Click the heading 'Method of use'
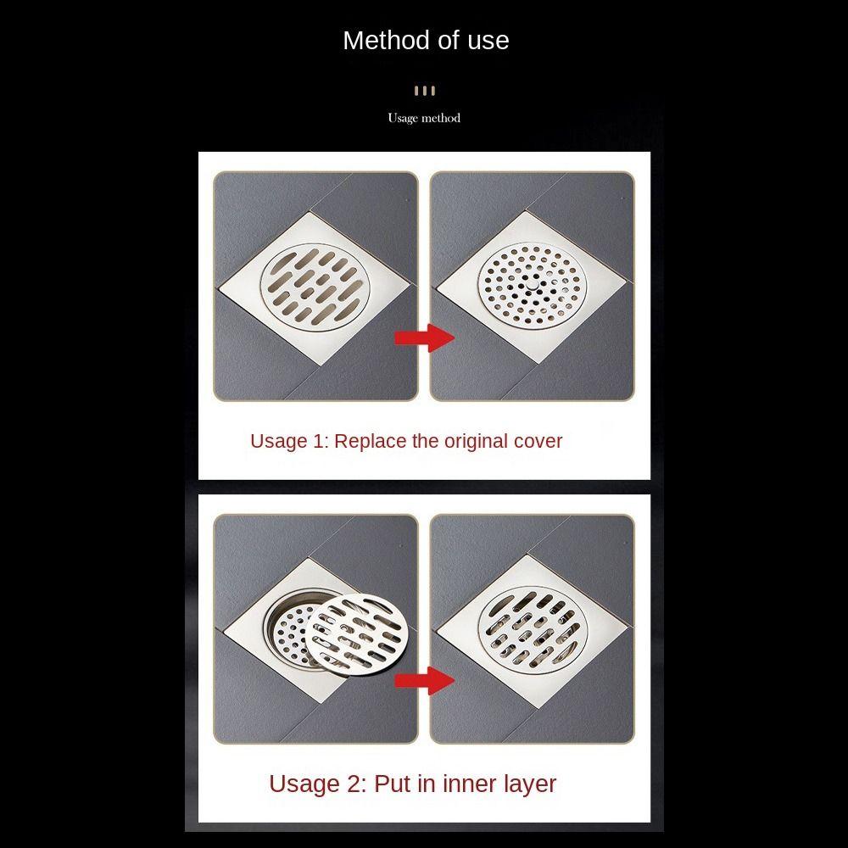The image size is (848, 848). point(426,41)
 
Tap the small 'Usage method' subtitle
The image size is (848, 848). point(424,118)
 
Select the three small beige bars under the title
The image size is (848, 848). point(424,91)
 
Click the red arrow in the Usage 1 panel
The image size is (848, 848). point(425,338)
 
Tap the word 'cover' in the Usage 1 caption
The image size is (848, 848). point(538,441)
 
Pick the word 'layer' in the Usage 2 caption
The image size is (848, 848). point(520,784)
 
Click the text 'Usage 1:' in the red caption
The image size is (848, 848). point(288,441)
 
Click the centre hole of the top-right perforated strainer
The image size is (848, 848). point(532,287)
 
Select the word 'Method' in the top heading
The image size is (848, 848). point(380,41)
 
